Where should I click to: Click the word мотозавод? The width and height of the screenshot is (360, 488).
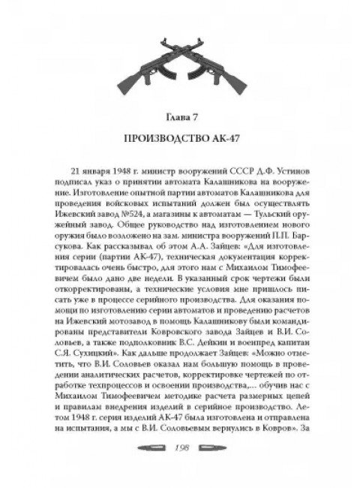(x=124, y=339)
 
